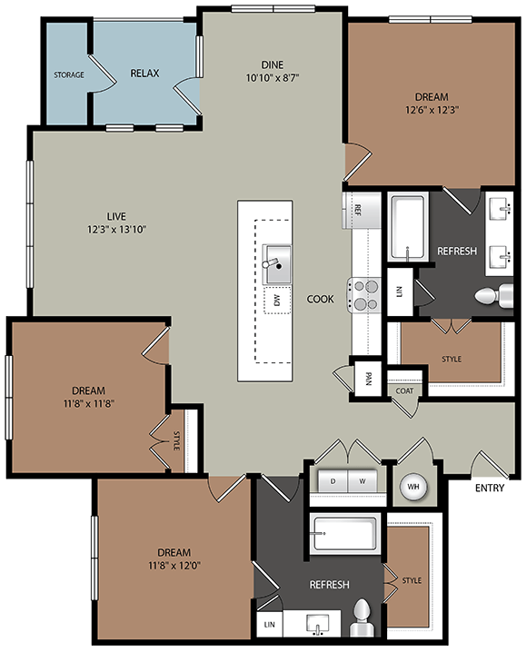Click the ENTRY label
point(489,489)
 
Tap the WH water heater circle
point(413,487)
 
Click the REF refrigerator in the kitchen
point(358,210)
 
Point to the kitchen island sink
point(277,263)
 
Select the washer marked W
point(362,479)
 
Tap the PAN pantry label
point(368,378)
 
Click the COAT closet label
point(404,390)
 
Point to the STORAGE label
point(69,74)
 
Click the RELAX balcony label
point(145,73)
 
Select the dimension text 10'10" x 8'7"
point(273,77)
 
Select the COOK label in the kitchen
point(320,299)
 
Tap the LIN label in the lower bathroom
point(269,625)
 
